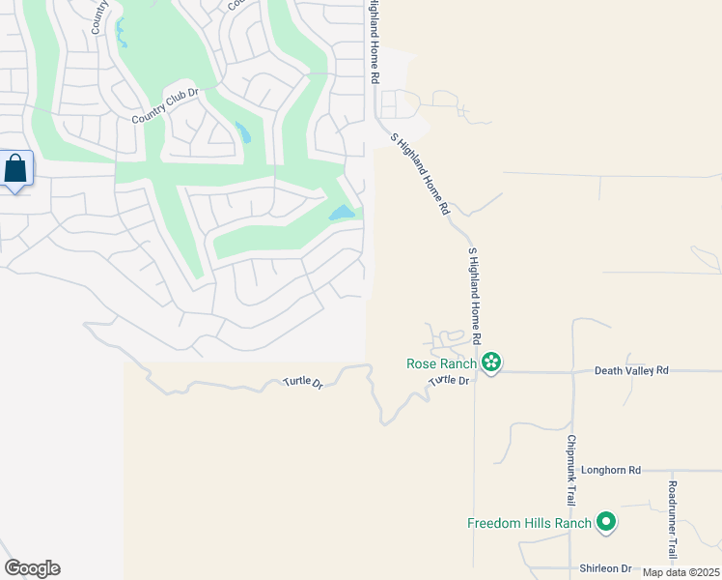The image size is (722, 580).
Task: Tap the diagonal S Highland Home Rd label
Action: (421, 174)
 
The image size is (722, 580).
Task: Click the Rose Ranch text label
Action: (441, 363)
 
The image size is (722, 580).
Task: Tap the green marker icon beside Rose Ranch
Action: (491, 363)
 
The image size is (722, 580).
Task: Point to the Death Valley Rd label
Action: (631, 370)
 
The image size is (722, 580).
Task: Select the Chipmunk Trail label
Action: (570, 465)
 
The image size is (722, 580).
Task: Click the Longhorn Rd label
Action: (611, 471)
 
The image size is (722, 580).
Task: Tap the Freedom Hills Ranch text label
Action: (529, 523)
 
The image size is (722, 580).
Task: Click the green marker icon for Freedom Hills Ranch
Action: (606, 523)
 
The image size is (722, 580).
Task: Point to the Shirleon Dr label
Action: (605, 568)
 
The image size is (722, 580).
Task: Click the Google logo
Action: (32, 568)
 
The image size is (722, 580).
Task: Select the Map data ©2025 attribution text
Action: (681, 572)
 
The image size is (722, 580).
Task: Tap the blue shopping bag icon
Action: (16, 168)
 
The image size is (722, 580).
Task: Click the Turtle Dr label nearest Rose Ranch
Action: (449, 381)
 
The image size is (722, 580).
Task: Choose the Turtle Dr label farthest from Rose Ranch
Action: (303, 382)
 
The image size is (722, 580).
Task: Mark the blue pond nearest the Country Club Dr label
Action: (242, 131)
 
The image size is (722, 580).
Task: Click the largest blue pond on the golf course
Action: (342, 213)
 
